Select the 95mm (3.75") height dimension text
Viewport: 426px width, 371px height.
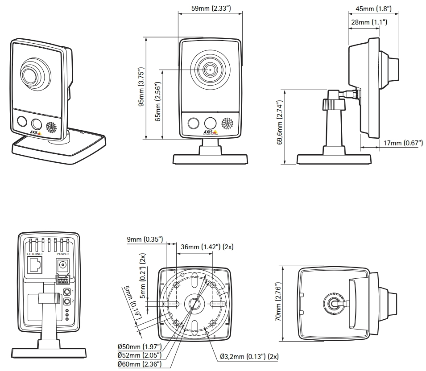pos(141,88)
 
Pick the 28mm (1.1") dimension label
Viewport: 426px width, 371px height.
pos(368,22)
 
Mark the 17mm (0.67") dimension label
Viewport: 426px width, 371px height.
pos(403,143)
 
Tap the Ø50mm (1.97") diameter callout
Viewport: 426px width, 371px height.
pos(140,346)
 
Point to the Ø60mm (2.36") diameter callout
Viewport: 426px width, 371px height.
pos(140,364)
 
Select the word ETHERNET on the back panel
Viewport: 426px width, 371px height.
pos(35,254)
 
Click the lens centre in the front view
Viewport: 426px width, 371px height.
pos(210,70)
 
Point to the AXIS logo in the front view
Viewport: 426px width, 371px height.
pos(210,132)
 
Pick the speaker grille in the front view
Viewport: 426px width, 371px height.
pos(227,124)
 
